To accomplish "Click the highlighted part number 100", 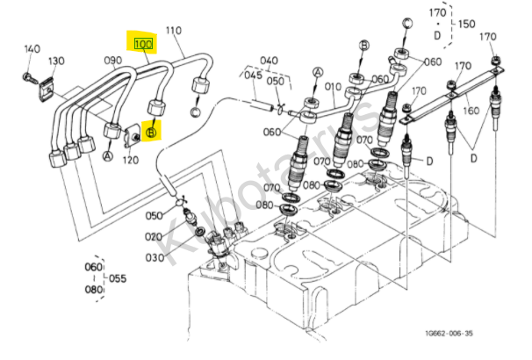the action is (x=143, y=44).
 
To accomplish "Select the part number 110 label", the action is (x=174, y=31).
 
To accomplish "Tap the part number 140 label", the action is (x=32, y=49).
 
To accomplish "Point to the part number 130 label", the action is (x=56, y=61).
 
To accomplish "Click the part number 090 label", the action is (x=113, y=61).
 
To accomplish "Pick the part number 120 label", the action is (x=131, y=160).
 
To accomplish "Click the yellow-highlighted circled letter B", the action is (x=151, y=133).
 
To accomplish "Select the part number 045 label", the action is (x=254, y=75).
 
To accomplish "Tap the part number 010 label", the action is (x=333, y=87).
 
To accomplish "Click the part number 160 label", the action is (x=471, y=111).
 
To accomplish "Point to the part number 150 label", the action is (x=467, y=24).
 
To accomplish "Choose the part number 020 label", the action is (x=154, y=236).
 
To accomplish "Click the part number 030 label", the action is (x=155, y=258).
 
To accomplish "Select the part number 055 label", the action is (x=118, y=278).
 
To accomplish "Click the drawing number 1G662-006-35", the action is (x=449, y=333).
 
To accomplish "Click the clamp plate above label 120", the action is (x=131, y=136).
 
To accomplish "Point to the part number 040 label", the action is (x=269, y=61).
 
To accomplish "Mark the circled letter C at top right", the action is (x=407, y=24).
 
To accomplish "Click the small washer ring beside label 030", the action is (x=200, y=232).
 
